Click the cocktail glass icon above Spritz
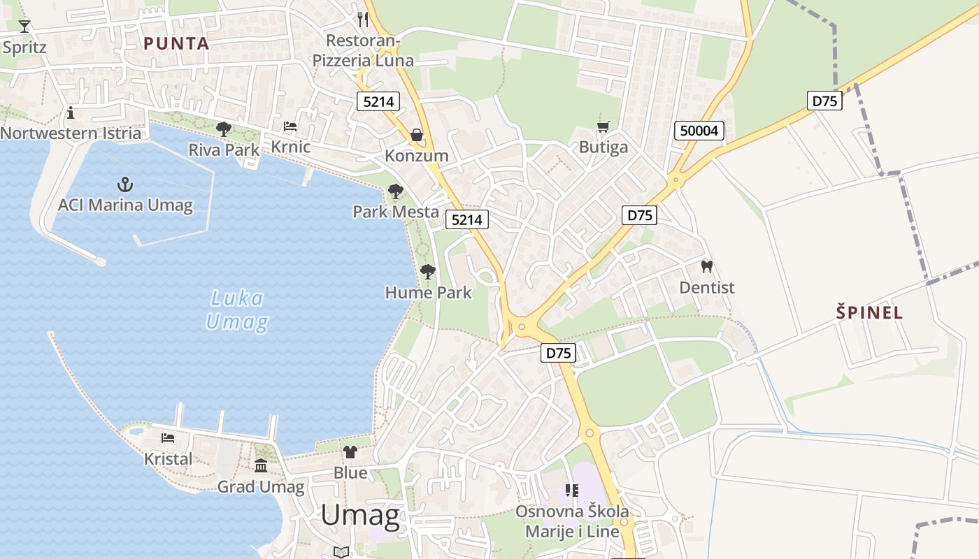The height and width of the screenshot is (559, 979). [24, 26]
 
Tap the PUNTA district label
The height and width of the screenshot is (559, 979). [176, 43]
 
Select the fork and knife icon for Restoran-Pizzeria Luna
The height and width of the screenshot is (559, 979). [362, 19]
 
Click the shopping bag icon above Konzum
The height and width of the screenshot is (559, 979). [417, 134]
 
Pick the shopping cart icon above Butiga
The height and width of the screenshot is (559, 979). [603, 126]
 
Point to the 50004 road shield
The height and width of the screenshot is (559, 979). [699, 130]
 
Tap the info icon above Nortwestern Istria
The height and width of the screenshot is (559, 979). [70, 112]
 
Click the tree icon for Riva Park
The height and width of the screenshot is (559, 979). [224, 129]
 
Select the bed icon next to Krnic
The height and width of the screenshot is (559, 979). [290, 126]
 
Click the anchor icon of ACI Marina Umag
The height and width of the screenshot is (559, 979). [125, 184]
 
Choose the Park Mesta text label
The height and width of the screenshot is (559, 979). [396, 212]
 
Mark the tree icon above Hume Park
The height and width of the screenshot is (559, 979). [428, 272]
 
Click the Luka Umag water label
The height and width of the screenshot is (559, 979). [238, 310]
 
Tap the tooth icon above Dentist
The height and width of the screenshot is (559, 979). [707, 266]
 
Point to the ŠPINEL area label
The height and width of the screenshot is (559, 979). [869, 312]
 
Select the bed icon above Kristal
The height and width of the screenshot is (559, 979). [168, 438]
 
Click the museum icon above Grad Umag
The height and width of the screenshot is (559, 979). [261, 465]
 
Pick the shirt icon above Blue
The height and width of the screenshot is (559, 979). [350, 452]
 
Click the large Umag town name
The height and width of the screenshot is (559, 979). [360, 516]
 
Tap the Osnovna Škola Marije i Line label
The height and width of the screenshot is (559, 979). [572, 521]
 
